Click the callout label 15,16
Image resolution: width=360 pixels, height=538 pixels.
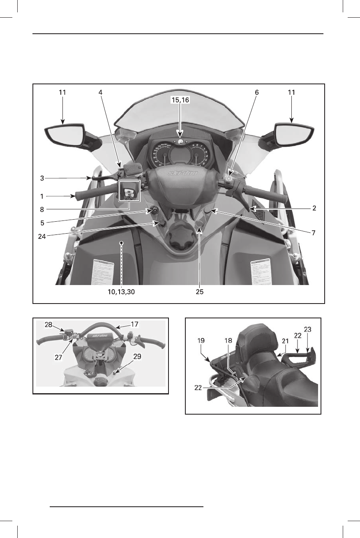tap(180, 100)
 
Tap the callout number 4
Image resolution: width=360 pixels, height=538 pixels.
tap(100, 93)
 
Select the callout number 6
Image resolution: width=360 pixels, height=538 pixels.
tap(257, 93)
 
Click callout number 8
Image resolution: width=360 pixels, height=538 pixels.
tap(42, 209)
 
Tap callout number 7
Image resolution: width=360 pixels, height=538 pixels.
tap(313, 232)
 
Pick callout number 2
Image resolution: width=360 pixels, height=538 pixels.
tap(314, 208)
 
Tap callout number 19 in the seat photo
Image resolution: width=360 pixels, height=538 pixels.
tap(201, 341)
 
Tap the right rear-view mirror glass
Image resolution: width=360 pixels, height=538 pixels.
tap(293, 135)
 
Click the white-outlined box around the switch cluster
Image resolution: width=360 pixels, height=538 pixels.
tap(129, 190)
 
